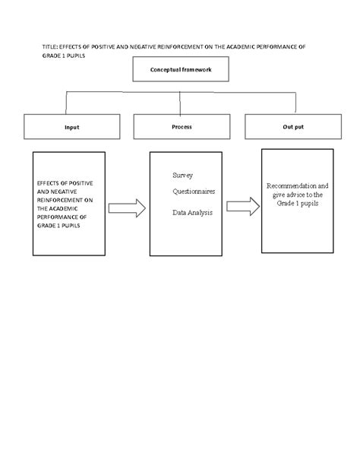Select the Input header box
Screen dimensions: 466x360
pyautogui.click(x=71, y=127)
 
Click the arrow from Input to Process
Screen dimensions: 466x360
pyautogui.click(x=126, y=208)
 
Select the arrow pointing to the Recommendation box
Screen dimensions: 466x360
pyautogui.click(x=243, y=205)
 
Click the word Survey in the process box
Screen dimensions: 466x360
pyautogui.click(x=182, y=174)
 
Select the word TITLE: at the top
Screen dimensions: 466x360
pyautogui.click(x=51, y=47)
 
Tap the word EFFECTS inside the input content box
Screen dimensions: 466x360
pyautogui.click(x=48, y=183)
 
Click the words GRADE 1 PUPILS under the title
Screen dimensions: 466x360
pyautogui.click(x=63, y=55)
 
